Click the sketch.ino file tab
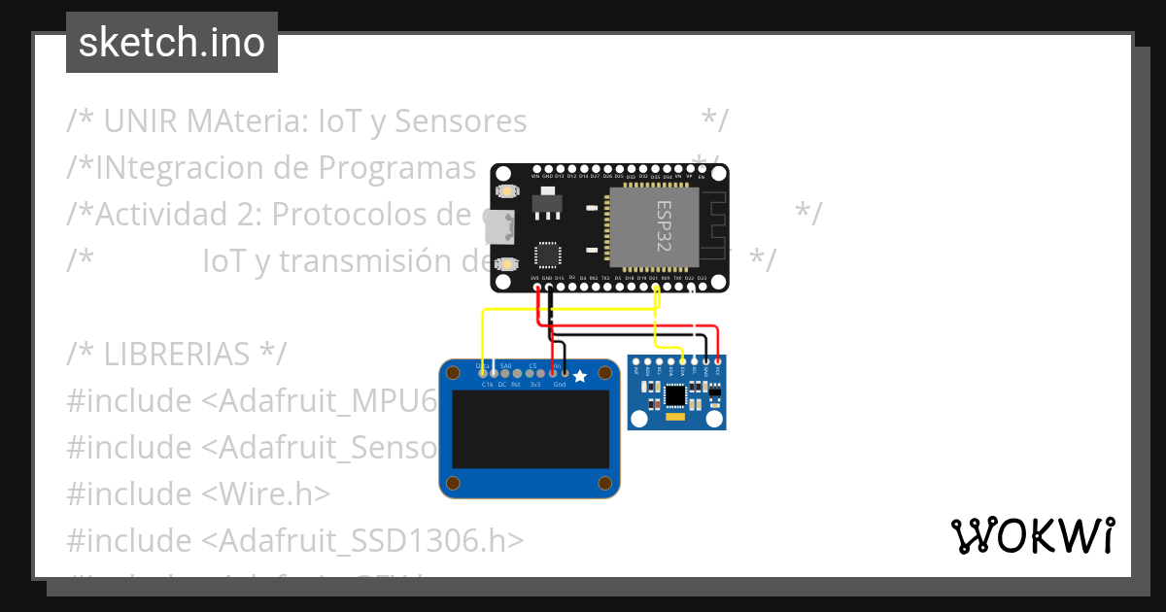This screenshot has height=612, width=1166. point(171,43)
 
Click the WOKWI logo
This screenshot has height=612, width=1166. point(1032,536)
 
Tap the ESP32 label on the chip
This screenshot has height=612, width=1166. point(666,225)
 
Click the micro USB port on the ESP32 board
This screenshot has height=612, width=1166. point(499,227)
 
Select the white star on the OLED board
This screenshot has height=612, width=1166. point(580,375)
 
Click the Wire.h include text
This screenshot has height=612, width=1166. point(266,494)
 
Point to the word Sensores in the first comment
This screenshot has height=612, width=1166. point(462,121)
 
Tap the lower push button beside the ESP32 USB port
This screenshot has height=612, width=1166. point(505,263)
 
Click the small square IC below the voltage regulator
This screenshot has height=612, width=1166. point(547,255)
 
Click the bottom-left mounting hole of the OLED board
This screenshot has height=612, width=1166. point(452,484)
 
